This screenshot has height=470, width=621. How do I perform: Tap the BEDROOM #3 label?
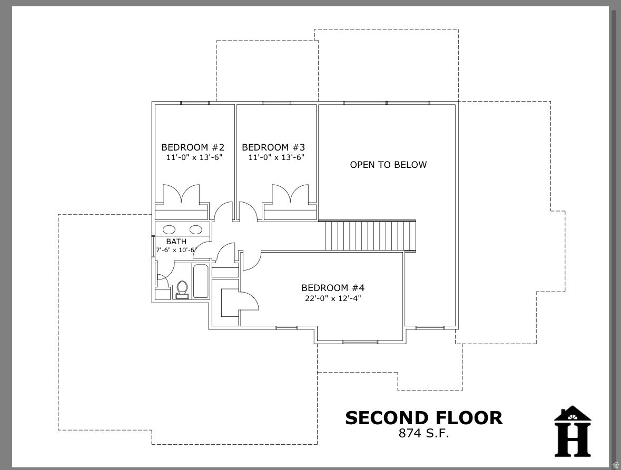273,147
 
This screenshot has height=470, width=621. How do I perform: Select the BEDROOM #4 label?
333,288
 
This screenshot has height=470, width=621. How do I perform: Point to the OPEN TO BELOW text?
388,165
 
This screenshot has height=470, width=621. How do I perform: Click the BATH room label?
176,242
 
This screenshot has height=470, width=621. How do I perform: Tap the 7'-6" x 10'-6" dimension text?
176,250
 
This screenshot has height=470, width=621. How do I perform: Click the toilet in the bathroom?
182,289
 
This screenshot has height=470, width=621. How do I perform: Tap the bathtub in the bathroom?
201,282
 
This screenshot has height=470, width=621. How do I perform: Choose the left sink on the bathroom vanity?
169,229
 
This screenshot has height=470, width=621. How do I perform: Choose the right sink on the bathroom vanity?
195,229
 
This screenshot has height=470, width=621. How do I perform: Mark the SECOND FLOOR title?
423,418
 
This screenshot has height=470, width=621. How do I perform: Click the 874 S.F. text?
423,434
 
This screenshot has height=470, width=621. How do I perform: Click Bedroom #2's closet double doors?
181,195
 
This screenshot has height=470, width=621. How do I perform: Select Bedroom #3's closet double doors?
290,195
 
